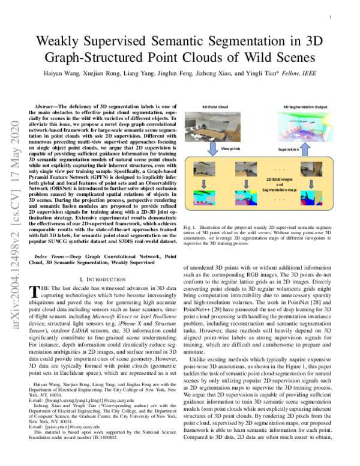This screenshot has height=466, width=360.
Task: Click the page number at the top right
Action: click(331, 18)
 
